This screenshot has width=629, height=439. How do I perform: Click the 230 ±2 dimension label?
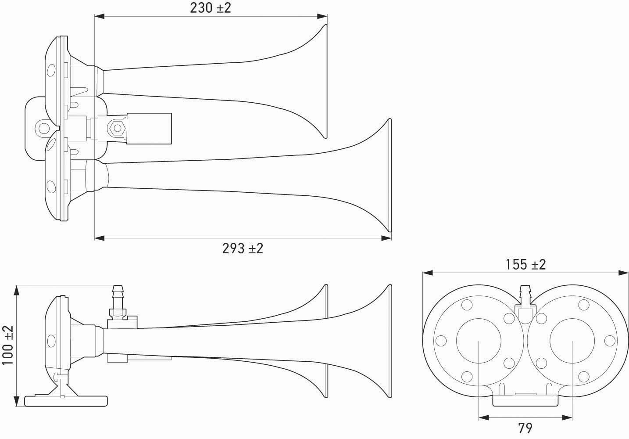[211, 8]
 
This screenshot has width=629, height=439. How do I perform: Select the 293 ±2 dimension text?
[243, 248]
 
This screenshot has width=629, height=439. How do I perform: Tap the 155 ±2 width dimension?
[525, 264]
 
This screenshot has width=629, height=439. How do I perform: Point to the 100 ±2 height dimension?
[7, 345]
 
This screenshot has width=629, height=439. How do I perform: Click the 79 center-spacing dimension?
[525, 427]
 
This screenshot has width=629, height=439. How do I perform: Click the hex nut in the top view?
[116, 128]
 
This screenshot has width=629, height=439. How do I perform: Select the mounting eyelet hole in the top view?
[44, 128]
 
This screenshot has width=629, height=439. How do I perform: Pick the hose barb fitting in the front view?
[525, 296]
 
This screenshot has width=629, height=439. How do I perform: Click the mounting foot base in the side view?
[67, 400]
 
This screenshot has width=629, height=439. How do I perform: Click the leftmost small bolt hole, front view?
[441, 341]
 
